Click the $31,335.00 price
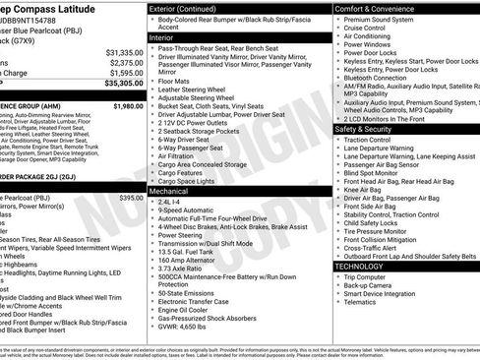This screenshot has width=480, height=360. point(124,51)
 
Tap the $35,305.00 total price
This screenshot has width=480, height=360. point(124,84)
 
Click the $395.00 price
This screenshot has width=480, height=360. point(131,198)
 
